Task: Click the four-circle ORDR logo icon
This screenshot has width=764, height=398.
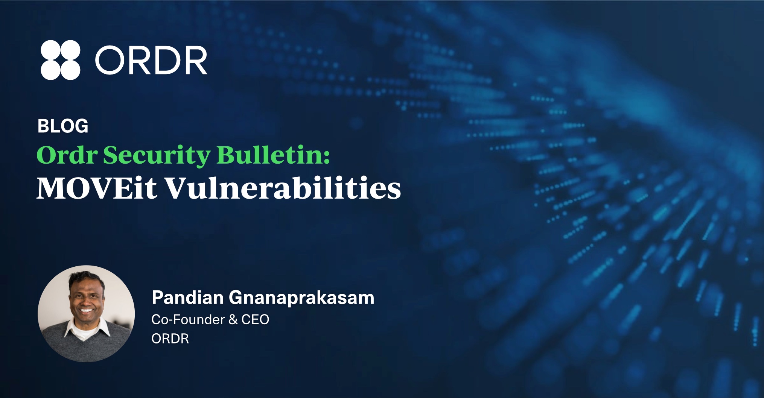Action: pos(60,60)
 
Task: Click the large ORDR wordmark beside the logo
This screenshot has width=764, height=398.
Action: pos(151,60)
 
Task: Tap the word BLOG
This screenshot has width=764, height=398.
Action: pos(63,126)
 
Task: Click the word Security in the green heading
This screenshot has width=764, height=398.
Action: pos(157,155)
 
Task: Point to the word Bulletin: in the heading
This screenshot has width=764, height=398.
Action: pos(274,155)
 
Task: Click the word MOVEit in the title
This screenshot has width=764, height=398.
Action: pos(97,188)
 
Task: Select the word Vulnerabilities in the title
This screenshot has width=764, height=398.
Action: pos(283,188)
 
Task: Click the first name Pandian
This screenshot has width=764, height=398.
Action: pos(187,298)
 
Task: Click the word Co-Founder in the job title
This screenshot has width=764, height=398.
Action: pos(188,319)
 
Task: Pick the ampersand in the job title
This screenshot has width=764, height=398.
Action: pos(233,319)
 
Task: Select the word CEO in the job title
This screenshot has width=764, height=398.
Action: pos(255,319)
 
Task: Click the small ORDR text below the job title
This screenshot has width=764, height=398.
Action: pos(170,339)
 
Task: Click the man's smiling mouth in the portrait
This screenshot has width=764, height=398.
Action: pos(87,310)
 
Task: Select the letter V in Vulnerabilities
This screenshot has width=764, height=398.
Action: pos(179,188)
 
